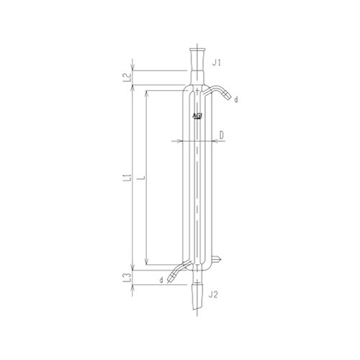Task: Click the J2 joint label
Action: click(214, 294)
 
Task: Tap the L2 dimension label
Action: click(126, 77)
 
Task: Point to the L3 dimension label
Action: click(126, 276)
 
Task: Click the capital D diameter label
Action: click(222, 134)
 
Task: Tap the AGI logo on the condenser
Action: click(197, 116)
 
